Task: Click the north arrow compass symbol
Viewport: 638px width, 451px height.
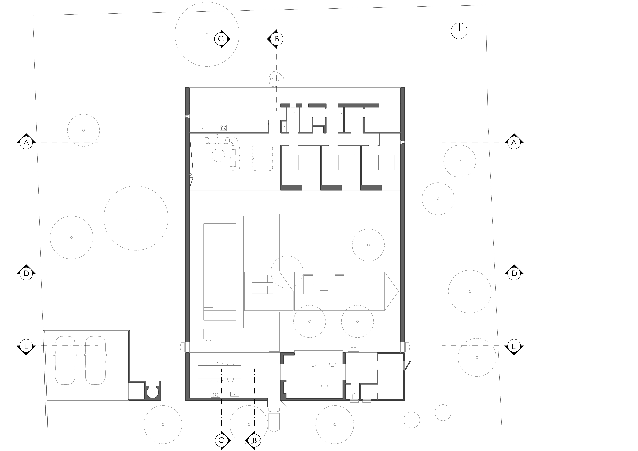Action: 459,31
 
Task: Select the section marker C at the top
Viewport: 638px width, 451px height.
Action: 221,39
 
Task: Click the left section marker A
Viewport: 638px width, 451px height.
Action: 26,143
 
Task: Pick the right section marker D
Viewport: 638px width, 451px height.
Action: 514,274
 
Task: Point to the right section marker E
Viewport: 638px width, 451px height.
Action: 514,346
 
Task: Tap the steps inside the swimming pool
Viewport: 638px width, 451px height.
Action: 208,312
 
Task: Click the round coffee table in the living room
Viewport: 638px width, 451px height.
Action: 218,155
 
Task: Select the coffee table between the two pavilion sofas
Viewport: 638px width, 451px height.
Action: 324,284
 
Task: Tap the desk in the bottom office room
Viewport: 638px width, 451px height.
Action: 324,380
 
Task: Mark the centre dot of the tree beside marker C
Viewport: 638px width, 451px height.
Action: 207,34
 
